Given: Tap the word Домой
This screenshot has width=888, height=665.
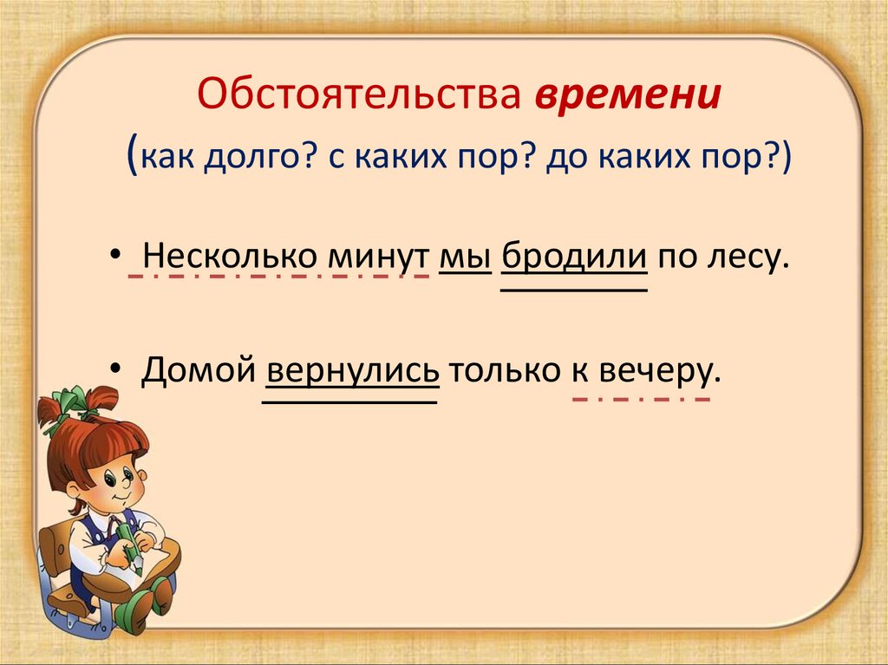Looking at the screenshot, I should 199,371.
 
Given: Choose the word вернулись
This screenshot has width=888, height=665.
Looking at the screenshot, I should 350,371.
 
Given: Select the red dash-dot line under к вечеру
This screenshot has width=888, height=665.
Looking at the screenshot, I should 641,400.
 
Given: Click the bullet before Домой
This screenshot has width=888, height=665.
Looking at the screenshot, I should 116,368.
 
